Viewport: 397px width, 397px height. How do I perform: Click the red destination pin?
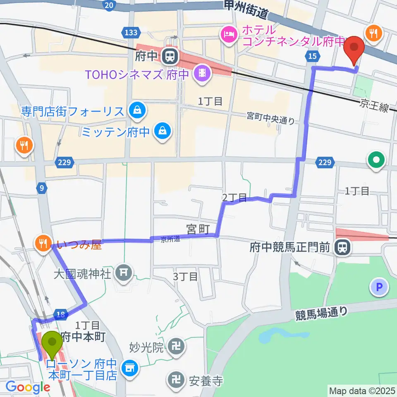(x=354, y=48)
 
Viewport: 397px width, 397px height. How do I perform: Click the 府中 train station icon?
(x=169, y=56)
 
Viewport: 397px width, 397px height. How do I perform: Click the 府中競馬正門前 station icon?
(x=342, y=248)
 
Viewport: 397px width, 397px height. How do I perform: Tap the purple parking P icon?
(x=380, y=287)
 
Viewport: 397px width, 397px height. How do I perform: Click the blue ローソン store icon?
(x=130, y=366)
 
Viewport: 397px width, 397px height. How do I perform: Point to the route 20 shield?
(x=108, y=5)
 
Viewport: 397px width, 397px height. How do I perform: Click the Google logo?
(x=28, y=387)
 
